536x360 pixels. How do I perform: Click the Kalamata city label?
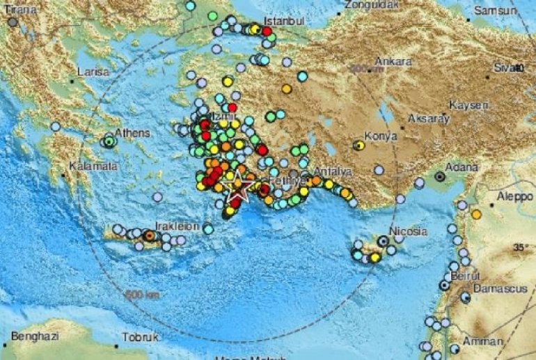click(91, 166)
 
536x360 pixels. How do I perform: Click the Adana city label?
click(462, 168)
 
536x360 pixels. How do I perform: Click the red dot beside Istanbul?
click(267, 31)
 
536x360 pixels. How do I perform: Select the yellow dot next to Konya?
click(358, 146)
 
